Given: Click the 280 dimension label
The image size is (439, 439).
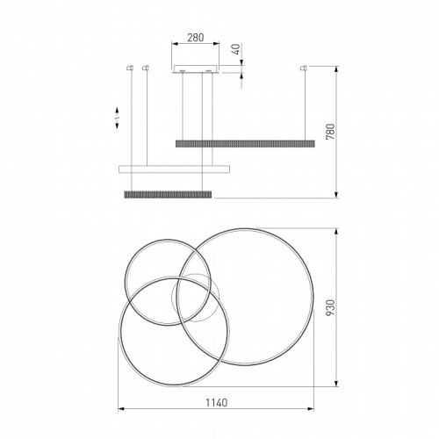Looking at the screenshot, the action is (196, 38).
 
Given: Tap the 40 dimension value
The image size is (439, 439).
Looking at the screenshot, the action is (236, 49).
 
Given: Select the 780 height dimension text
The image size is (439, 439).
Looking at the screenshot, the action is (330, 132).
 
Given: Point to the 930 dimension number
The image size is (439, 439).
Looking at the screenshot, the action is (330, 307).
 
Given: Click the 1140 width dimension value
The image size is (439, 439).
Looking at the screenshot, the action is (216, 402).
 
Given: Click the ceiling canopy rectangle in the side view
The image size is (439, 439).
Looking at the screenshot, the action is (195, 68).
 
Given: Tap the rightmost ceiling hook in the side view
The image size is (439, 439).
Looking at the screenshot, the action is (304, 68).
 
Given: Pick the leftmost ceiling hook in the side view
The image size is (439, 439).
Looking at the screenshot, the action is (130, 68).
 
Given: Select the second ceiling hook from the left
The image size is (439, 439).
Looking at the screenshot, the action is (145, 68).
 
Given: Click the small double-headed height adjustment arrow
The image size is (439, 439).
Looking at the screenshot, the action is (117, 118).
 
